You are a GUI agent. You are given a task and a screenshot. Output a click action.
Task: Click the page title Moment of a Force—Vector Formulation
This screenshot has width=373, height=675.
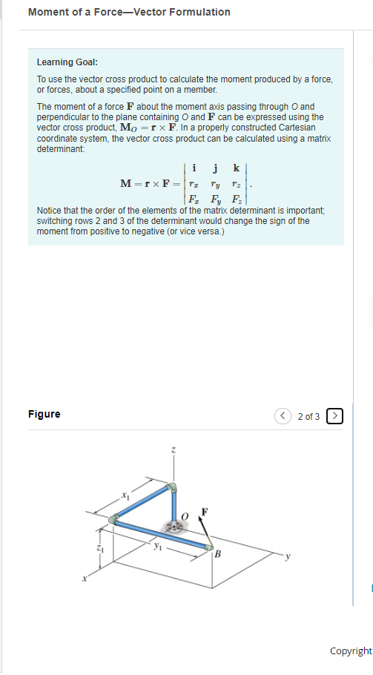click(x=129, y=12)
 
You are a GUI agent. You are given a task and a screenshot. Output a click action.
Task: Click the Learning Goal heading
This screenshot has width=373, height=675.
click(x=67, y=62)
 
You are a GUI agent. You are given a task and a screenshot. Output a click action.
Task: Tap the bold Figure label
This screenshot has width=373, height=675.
click(x=44, y=414)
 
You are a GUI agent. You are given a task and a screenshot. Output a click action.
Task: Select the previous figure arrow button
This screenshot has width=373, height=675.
click(x=283, y=416)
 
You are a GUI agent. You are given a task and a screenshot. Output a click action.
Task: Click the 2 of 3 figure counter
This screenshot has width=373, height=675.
click(x=308, y=416)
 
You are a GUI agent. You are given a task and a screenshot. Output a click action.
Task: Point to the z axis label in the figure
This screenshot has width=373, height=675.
click(x=174, y=450)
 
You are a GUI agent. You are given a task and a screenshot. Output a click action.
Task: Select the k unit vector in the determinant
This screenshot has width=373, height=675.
click(x=236, y=168)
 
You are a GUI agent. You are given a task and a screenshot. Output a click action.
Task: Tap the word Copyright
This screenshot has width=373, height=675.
click(x=351, y=651)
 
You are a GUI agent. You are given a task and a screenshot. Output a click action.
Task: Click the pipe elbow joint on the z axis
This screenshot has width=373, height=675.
click(x=173, y=489)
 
